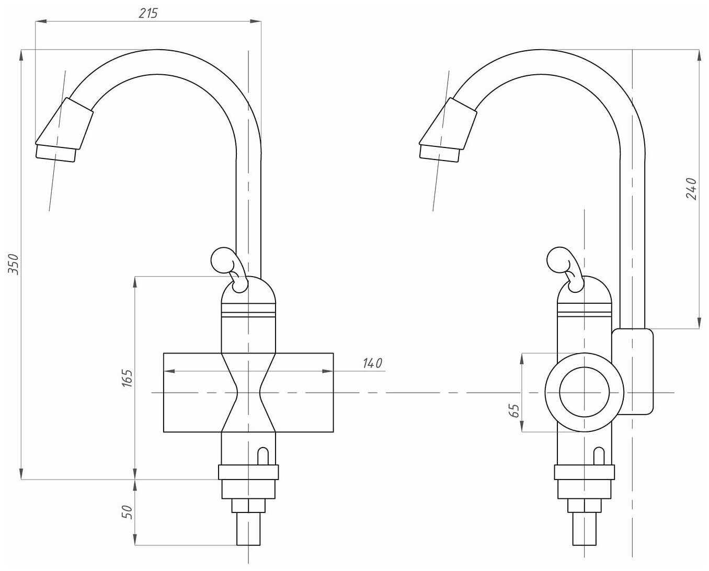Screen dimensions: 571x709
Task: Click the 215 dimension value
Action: click(x=148, y=14)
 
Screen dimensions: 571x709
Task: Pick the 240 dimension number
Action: click(x=691, y=189)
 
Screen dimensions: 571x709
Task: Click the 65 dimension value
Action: click(x=514, y=410)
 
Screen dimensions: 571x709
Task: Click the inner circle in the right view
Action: click(x=584, y=392)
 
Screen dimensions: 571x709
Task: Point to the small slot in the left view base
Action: click(x=264, y=454)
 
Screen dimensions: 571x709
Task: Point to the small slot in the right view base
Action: click(x=599, y=454)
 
